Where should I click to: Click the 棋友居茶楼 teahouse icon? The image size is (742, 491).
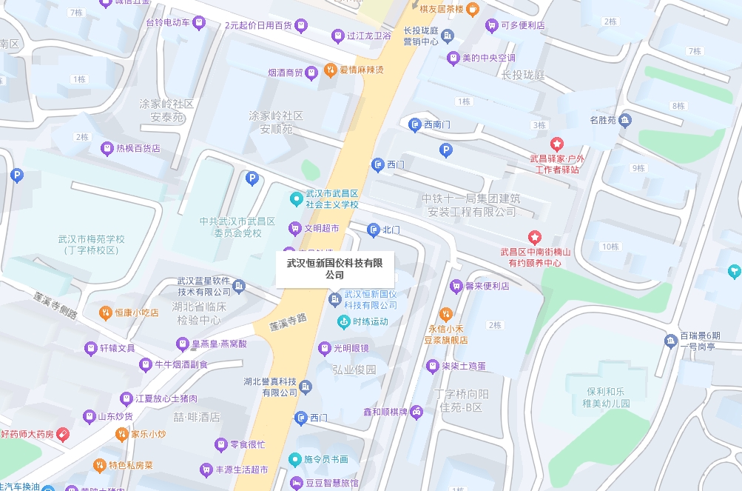(x=472, y=9)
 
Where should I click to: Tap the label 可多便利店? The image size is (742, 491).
(x=523, y=25)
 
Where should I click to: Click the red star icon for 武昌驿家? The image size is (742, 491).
(x=556, y=143)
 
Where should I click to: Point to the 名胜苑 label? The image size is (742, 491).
(x=603, y=120)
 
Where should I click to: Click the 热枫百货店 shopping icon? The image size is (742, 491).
(x=107, y=148)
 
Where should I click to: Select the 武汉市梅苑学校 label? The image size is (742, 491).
(x=92, y=244)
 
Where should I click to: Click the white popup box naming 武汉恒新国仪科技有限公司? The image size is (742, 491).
(x=334, y=268)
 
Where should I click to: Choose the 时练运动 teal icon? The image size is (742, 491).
(x=343, y=321)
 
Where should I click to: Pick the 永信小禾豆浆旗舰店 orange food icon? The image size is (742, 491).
(x=445, y=314)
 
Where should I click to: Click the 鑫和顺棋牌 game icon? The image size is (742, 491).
(x=416, y=412)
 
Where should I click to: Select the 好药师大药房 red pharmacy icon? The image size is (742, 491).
(x=64, y=433)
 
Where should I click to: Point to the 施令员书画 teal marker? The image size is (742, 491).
(x=295, y=459)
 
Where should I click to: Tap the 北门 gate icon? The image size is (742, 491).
(x=374, y=230)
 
